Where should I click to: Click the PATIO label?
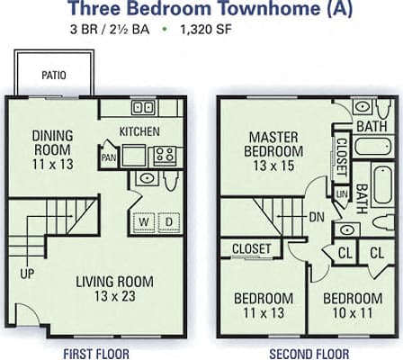tap(53, 76)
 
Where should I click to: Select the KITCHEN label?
tap(139, 131)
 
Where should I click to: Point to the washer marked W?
tap(143, 220)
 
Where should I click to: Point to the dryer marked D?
tap(168, 220)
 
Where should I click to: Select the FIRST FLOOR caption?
tap(95, 352)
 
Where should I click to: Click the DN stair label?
tap(318, 217)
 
